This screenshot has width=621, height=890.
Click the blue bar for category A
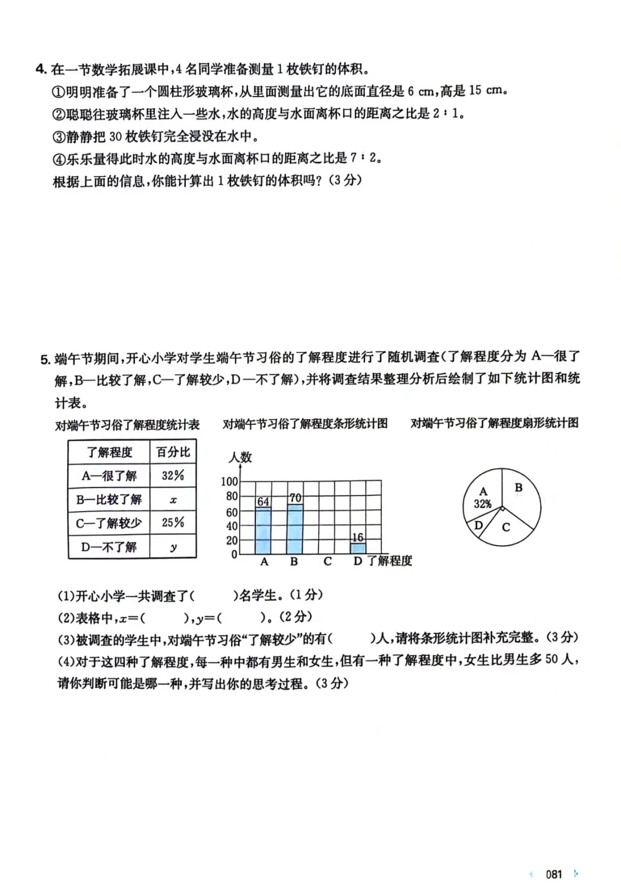pyautogui.click(x=263, y=531)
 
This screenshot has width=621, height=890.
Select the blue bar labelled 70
pyautogui.click(x=294, y=529)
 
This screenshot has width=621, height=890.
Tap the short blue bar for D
pyautogui.click(x=358, y=548)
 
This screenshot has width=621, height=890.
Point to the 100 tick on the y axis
pyautogui.click(x=229, y=481)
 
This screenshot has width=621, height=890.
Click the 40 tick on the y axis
pyautogui.click(x=232, y=525)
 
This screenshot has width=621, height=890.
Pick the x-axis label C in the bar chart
pyautogui.click(x=327, y=562)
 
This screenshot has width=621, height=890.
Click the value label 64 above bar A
pyautogui.click(x=263, y=501)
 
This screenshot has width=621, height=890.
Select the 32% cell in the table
pyautogui.click(x=172, y=475)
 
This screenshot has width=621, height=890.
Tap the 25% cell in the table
pyautogui.click(x=172, y=523)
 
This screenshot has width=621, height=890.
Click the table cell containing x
pyautogui.click(x=172, y=500)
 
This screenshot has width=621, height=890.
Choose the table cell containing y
pyautogui.click(x=172, y=547)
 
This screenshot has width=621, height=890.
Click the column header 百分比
pyautogui.click(x=172, y=452)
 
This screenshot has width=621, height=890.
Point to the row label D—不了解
pyautogui.click(x=109, y=547)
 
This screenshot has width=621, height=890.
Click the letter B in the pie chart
pyautogui.click(x=519, y=488)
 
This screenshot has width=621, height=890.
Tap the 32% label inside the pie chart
pyautogui.click(x=482, y=504)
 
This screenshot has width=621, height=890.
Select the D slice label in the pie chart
pyautogui.click(x=478, y=525)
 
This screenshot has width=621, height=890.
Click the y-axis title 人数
pyautogui.click(x=240, y=458)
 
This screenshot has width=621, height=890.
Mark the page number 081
pyautogui.click(x=554, y=874)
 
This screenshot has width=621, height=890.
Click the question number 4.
pyautogui.click(x=40, y=70)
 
